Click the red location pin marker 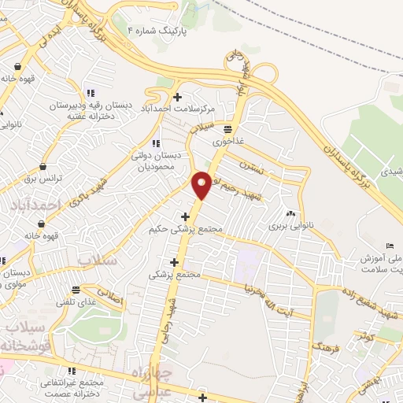(x=202, y=184)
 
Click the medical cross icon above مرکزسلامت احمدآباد (x=178, y=96)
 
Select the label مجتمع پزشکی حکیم (x=186, y=230)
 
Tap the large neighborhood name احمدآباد (x=36, y=204)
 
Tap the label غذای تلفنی (x=76, y=301)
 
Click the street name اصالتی (x=114, y=298)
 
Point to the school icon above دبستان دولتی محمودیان (x=155, y=142)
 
